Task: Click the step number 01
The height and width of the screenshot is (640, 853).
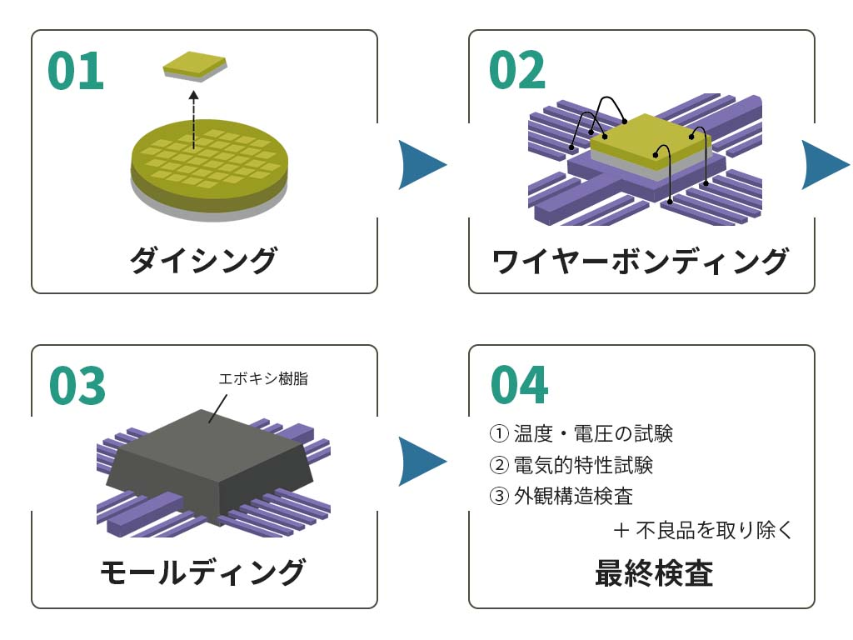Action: click(x=76, y=72)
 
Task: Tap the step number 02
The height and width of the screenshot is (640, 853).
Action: click(x=516, y=72)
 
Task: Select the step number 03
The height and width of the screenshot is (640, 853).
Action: click(x=77, y=386)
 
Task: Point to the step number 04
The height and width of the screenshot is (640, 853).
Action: click(x=519, y=385)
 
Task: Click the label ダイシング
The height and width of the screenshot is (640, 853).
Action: click(x=203, y=260)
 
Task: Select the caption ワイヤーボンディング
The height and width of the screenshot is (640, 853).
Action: click(x=640, y=261)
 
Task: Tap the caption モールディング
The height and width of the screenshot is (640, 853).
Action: click(x=203, y=572)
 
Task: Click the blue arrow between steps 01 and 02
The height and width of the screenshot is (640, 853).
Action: click(x=422, y=165)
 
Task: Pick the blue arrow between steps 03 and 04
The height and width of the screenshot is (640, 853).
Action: click(x=422, y=461)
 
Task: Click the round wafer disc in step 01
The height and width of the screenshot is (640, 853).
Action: click(x=209, y=171)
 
